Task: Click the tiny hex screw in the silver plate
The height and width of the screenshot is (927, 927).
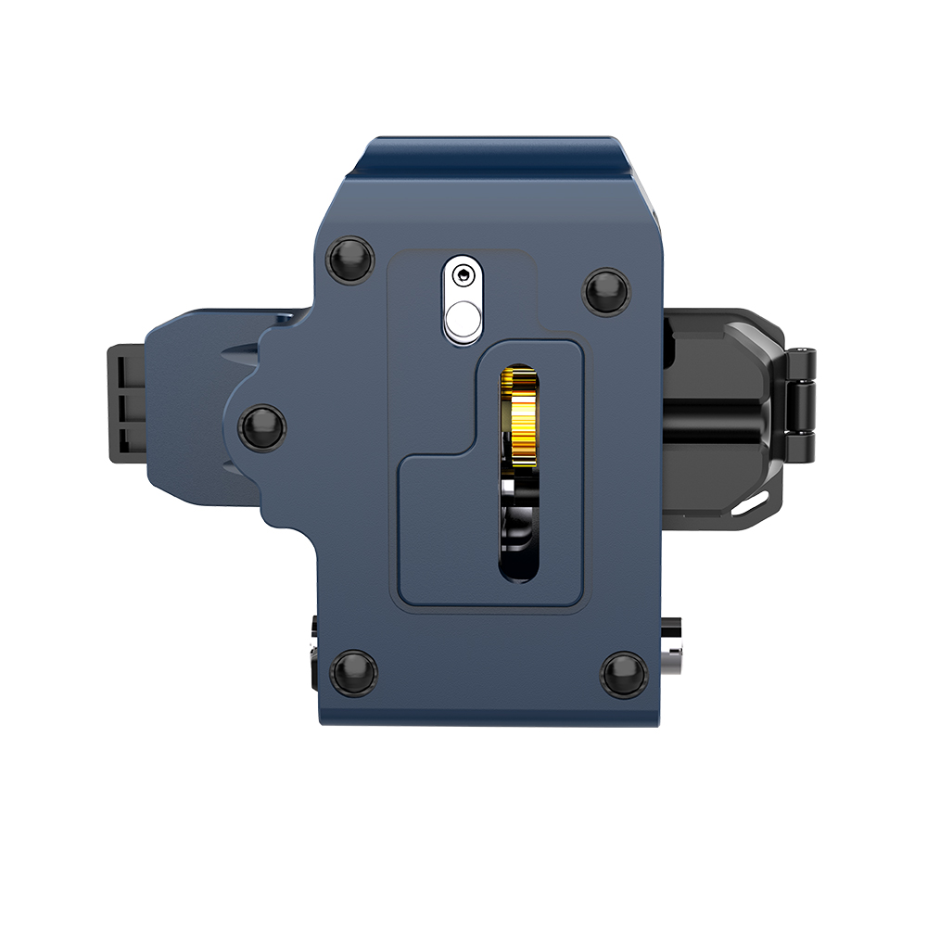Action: point(462,274)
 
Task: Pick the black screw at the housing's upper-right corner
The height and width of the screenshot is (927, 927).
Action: point(606,290)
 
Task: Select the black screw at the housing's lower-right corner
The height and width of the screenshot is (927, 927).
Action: point(623,673)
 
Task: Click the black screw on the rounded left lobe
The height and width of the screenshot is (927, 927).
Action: point(262,426)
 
